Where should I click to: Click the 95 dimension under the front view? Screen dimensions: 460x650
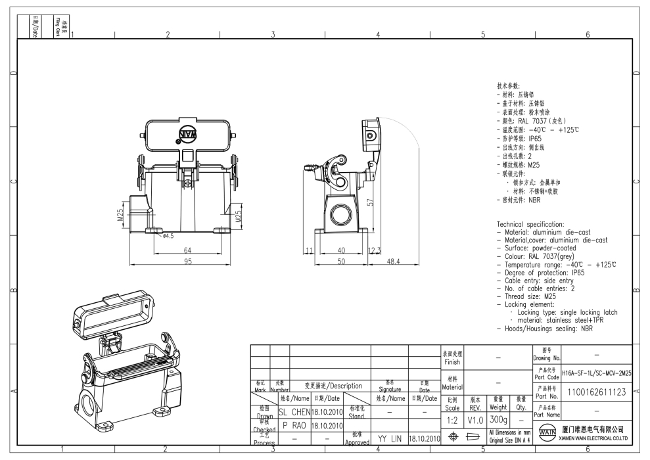(x=187, y=262)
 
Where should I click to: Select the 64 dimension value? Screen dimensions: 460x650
(x=187, y=250)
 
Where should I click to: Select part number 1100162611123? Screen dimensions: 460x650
(x=595, y=392)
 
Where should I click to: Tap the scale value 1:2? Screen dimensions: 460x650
(x=452, y=419)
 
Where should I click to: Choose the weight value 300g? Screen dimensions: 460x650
(x=498, y=419)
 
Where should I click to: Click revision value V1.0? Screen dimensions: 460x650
(x=474, y=419)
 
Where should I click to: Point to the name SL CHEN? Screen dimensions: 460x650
(x=293, y=412)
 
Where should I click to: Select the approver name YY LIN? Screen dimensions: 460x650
(x=389, y=438)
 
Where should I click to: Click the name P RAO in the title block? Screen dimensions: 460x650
(x=294, y=425)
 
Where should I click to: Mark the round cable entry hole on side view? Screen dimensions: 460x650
(x=342, y=216)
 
